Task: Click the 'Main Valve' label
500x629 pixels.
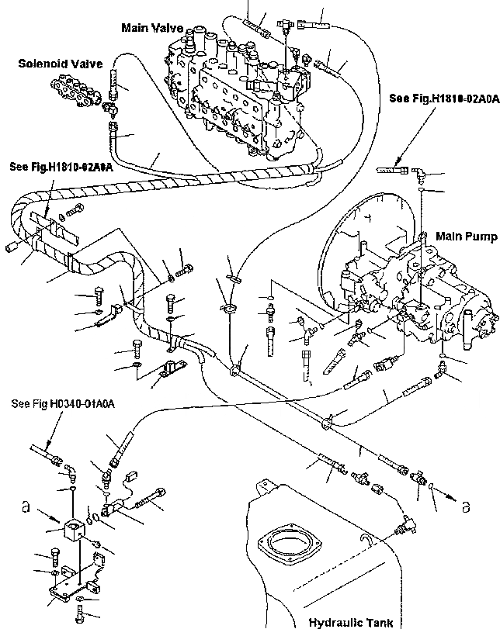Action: tap(152, 28)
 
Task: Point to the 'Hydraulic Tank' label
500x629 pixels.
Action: tap(350, 621)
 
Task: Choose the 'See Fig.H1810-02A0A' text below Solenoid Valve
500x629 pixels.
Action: tap(61, 166)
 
